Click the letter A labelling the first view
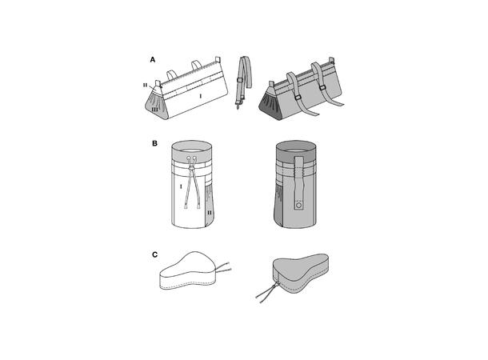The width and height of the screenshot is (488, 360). click(x=153, y=60)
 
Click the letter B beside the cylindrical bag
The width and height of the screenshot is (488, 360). click(x=154, y=144)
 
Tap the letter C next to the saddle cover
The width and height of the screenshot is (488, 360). click(x=154, y=255)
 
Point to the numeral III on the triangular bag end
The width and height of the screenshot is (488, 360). click(x=154, y=110)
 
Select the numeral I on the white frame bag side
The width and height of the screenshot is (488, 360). click(x=201, y=97)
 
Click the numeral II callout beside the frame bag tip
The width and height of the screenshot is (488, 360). click(x=146, y=85)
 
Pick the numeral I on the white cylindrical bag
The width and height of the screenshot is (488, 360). click(x=181, y=186)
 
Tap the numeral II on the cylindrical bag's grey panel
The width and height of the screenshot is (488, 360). click(x=210, y=213)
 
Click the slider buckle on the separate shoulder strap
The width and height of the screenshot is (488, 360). click(x=240, y=80)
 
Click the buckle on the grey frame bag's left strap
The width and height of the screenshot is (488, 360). click(x=298, y=98)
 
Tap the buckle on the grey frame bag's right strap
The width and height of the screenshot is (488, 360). click(x=323, y=88)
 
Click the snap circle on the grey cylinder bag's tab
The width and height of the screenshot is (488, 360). click(x=298, y=206)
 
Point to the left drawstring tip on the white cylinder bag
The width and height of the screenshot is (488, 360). click(x=186, y=206)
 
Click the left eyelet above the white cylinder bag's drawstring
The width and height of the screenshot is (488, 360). click(x=189, y=158)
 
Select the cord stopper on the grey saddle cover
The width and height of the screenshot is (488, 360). click(x=275, y=285)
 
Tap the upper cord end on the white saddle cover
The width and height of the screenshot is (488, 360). click(x=229, y=263)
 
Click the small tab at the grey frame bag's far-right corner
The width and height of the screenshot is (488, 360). click(x=332, y=59)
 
